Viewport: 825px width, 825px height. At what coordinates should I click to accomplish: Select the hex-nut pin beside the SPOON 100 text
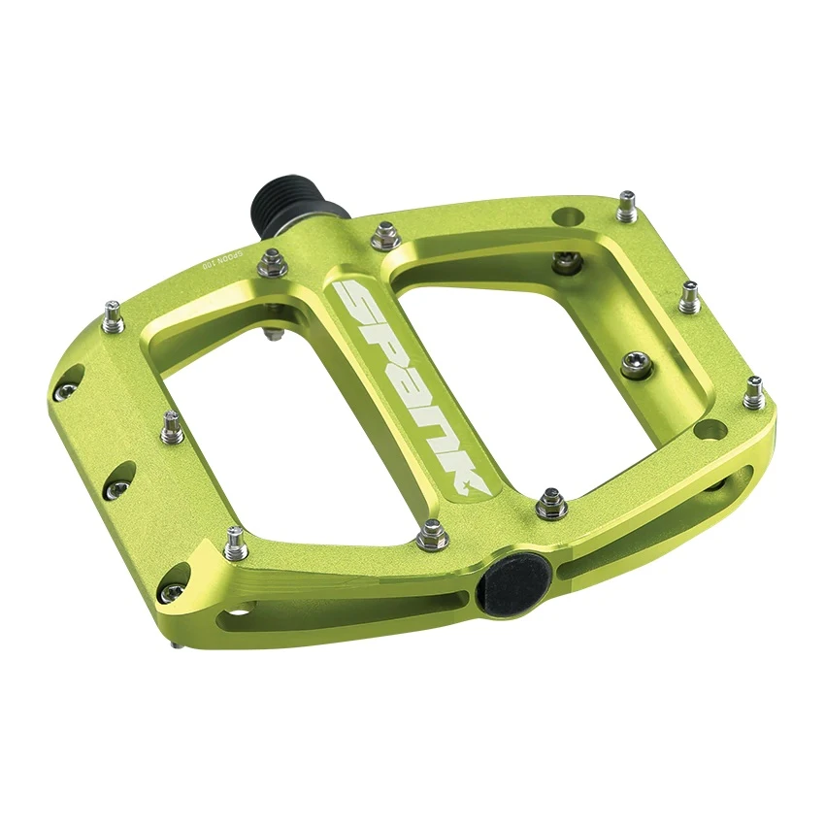pos(275,259)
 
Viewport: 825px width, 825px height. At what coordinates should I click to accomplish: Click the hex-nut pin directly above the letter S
pos(386,234)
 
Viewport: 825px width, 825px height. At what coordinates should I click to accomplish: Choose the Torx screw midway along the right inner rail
pos(635,363)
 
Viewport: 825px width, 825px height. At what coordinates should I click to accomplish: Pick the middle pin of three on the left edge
pos(172,425)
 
